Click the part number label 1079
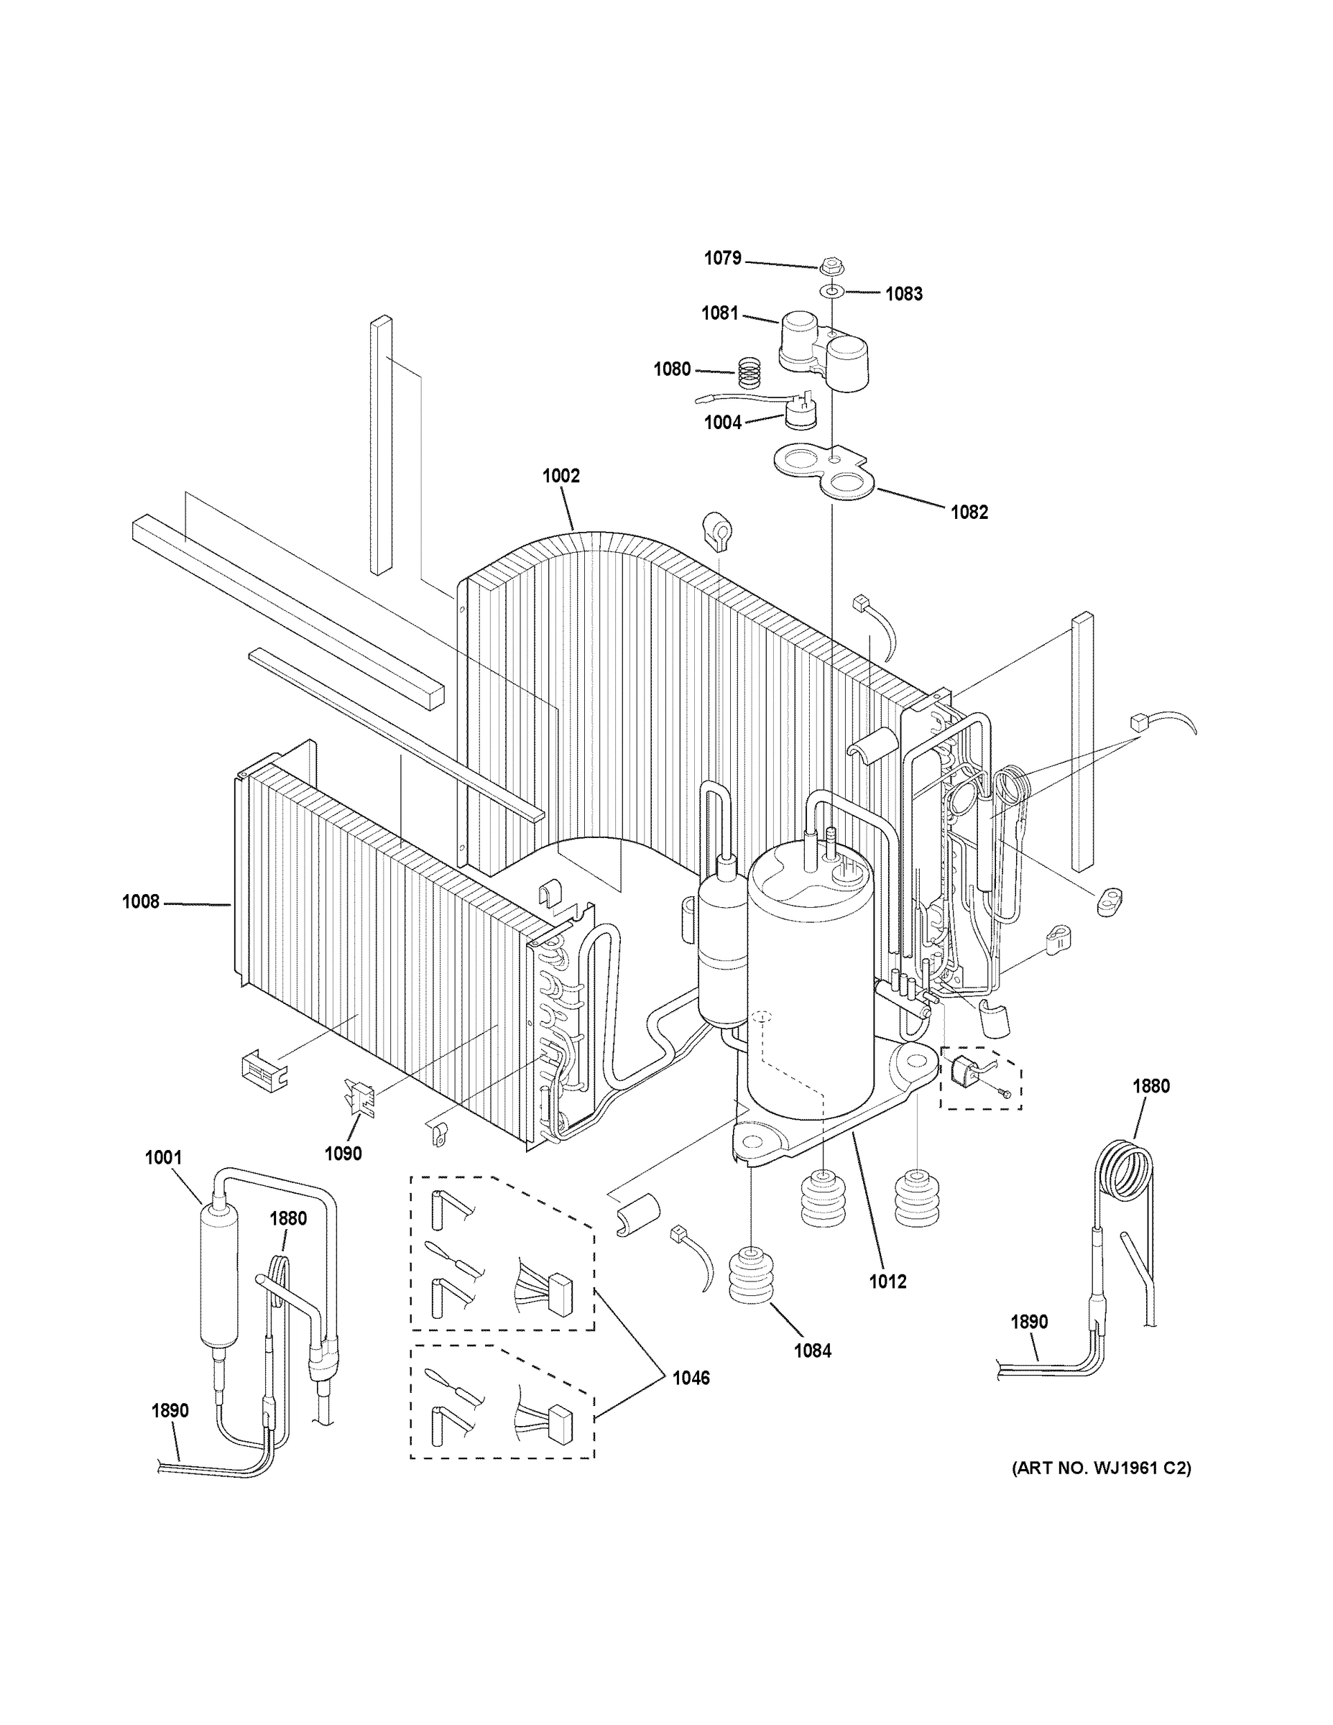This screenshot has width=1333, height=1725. tap(721, 258)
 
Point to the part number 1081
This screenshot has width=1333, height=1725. tap(719, 313)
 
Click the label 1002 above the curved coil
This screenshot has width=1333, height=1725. tap(561, 476)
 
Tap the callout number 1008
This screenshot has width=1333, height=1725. tap(141, 901)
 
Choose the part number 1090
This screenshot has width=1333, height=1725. tap(343, 1153)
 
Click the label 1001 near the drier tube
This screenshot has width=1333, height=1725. tap(162, 1158)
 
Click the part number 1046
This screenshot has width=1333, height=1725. tap(691, 1377)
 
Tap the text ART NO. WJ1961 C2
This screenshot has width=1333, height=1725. tap(1102, 1468)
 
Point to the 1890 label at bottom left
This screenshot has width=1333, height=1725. tap(170, 1410)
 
